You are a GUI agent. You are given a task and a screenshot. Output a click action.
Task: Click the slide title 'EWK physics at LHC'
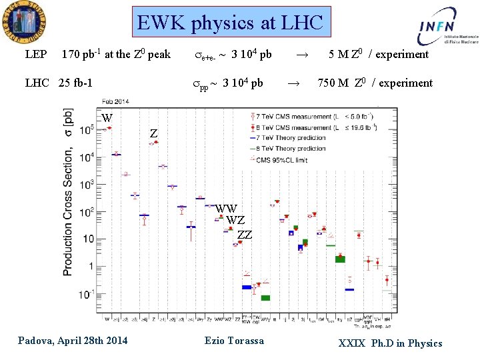(230, 23)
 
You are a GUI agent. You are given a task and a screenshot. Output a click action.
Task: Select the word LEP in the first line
(36, 55)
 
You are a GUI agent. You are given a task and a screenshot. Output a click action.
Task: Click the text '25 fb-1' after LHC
(75, 83)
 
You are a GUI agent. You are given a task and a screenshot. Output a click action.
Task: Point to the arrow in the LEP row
(301, 55)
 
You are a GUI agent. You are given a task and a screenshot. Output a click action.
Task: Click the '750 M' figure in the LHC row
(334, 83)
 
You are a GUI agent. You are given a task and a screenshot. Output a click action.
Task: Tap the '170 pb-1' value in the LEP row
(81, 55)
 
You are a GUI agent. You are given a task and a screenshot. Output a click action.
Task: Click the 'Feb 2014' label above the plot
(115, 101)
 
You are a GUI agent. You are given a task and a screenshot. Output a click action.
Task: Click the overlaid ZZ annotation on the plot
(245, 235)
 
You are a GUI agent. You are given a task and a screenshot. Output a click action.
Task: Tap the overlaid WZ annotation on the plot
(235, 221)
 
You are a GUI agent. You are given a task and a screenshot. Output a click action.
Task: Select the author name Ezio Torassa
(233, 341)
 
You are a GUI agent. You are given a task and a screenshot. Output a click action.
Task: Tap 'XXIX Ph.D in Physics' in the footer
(390, 343)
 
